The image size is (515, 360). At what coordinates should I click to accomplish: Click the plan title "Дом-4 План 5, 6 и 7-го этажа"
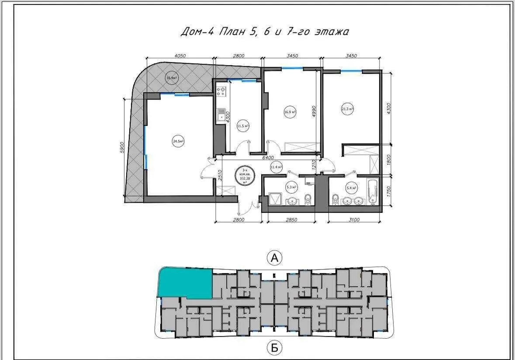[x=265, y=31]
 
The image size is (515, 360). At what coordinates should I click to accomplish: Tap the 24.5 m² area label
[x=178, y=141]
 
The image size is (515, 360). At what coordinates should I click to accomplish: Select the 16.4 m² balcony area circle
[x=172, y=78]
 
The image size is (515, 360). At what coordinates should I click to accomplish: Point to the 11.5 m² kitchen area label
[x=242, y=126]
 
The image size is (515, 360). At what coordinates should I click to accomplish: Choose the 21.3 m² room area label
[x=347, y=109]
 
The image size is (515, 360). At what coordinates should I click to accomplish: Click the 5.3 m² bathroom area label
[x=291, y=187]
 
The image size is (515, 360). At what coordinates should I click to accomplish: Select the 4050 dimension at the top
[x=180, y=55]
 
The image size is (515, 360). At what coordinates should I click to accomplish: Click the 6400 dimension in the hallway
[x=268, y=157]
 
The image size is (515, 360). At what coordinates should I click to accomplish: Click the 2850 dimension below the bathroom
[x=291, y=220]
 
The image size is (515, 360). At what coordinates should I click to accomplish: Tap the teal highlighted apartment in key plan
[x=185, y=283]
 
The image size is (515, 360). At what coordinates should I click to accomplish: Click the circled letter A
[x=275, y=258]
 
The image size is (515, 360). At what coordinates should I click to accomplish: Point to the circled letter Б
[x=274, y=348]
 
